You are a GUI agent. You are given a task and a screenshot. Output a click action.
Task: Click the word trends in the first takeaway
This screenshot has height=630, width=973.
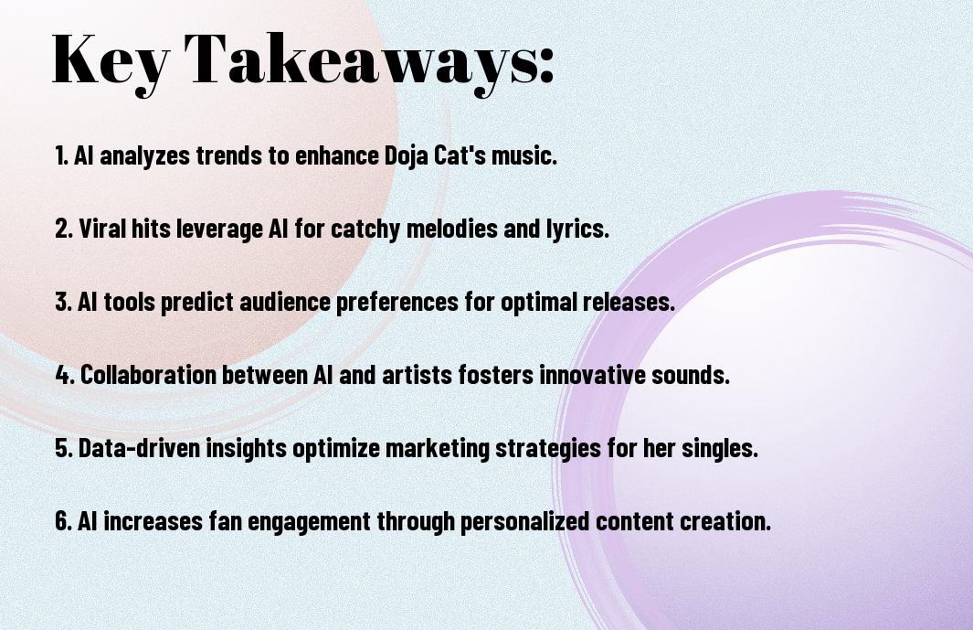coord(229,155)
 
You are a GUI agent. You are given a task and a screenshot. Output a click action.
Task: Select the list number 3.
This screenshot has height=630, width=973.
coord(63,302)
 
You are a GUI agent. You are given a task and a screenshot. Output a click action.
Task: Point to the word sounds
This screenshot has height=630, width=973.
coord(690,375)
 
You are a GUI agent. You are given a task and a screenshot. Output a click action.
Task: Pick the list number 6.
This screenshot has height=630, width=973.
coord(63,521)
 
